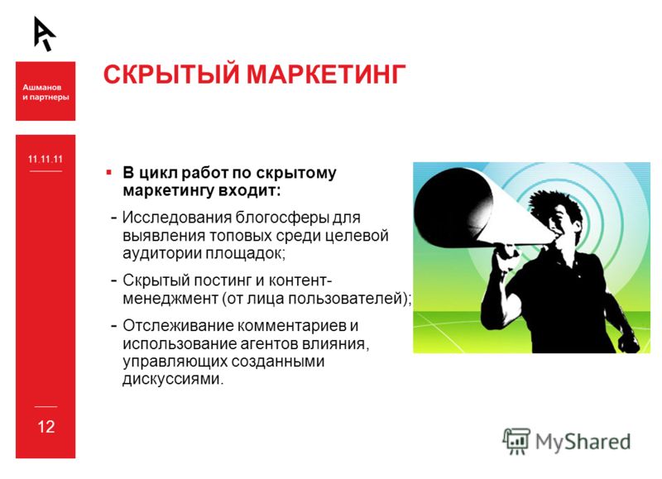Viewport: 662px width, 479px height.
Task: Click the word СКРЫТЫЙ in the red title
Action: (171, 74)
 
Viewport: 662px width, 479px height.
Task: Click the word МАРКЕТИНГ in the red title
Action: (326, 74)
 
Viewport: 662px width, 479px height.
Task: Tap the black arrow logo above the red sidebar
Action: (45, 34)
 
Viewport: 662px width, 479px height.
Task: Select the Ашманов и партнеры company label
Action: (46, 92)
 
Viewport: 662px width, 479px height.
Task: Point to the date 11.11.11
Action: (46, 159)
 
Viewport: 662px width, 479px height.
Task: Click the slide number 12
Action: (46, 427)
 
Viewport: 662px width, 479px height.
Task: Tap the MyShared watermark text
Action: (583, 442)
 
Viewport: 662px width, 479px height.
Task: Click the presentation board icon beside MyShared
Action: (516, 441)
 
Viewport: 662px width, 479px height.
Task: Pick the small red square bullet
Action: (109, 172)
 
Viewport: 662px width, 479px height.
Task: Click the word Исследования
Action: (177, 218)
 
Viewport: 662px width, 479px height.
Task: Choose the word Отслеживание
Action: (178, 326)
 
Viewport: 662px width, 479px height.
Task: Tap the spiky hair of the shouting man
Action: (553, 202)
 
